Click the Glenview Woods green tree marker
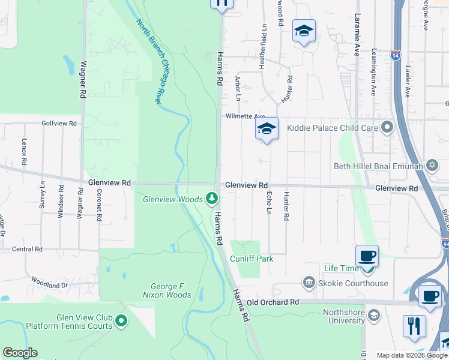point(211,197)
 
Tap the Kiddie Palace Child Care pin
point(387,127)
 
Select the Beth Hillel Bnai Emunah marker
point(432,165)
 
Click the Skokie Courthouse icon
point(309,283)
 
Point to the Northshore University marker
point(373,316)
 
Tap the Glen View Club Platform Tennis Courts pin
point(121,322)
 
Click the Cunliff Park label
point(252,259)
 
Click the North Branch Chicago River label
point(149,62)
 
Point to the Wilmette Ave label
point(245,116)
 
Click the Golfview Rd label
point(59,124)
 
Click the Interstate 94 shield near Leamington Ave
point(396,55)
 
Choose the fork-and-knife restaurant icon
point(415,326)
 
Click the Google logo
point(20,353)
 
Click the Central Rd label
point(27,249)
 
